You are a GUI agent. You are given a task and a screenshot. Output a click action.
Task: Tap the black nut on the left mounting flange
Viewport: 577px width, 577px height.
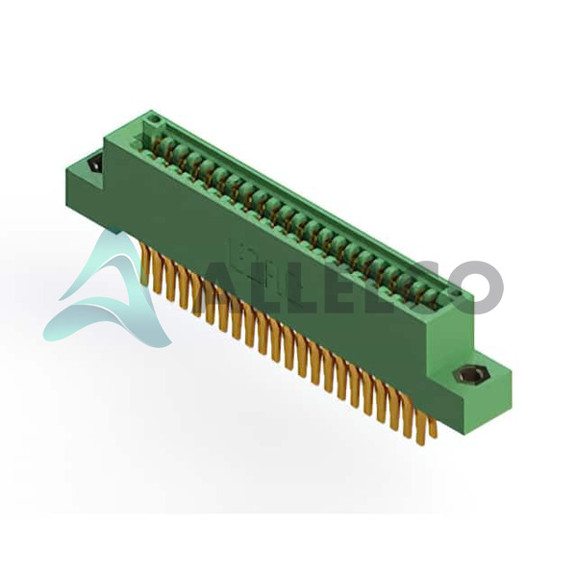pyautogui.click(x=95, y=163)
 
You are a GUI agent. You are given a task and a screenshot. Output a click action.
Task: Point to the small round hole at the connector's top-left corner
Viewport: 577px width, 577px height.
pyautogui.click(x=155, y=119)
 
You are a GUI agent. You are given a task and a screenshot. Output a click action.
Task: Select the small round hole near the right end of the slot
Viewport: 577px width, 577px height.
pyautogui.click(x=456, y=293)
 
